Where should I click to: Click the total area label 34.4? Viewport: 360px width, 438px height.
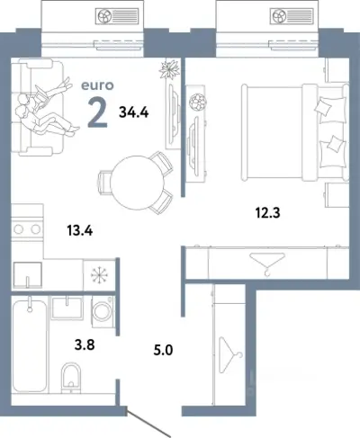tap(134, 112)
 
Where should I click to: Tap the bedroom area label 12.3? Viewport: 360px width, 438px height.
tap(267, 213)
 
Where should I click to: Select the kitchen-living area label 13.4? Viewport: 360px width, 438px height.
tap(80, 231)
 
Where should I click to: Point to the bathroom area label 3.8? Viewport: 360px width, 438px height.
tap(85, 344)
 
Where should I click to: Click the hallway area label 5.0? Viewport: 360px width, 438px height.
tap(163, 350)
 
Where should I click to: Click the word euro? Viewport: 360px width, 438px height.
tap(97, 85)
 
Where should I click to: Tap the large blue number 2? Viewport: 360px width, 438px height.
tap(97, 112)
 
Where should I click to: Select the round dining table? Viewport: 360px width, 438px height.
tap(137, 183)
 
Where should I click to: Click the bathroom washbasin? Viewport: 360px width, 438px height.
tap(67, 308)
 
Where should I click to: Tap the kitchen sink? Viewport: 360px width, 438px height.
tap(27, 275)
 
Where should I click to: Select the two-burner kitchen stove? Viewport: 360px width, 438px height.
tap(27, 229)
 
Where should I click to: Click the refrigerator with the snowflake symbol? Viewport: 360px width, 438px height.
tap(99, 275)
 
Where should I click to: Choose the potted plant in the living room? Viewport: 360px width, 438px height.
tap(169, 69)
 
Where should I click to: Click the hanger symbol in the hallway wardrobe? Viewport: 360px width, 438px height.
tap(230, 355)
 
